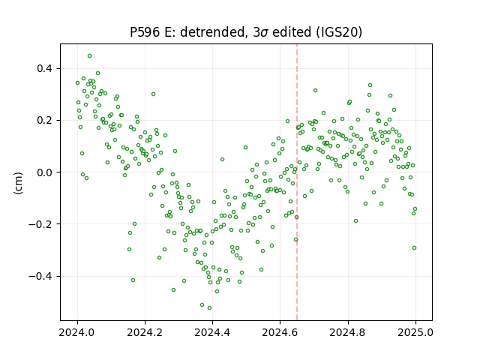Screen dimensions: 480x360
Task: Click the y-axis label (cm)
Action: (18, 183)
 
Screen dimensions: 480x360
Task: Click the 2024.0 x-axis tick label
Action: (76, 332)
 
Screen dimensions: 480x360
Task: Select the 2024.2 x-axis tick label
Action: (145, 332)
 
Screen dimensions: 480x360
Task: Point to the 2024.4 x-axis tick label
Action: (212, 332)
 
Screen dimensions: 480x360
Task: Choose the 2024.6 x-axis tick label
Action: (280, 332)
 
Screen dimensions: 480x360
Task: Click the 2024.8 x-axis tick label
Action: (347, 332)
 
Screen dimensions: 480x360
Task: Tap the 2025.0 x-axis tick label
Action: (415, 332)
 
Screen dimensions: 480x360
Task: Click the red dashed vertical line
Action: (297, 182)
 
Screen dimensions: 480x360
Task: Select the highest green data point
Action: (89, 56)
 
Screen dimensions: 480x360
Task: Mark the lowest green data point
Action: (209, 308)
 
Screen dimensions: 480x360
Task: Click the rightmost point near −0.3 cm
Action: (414, 248)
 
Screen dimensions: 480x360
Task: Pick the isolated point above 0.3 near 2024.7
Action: (315, 90)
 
